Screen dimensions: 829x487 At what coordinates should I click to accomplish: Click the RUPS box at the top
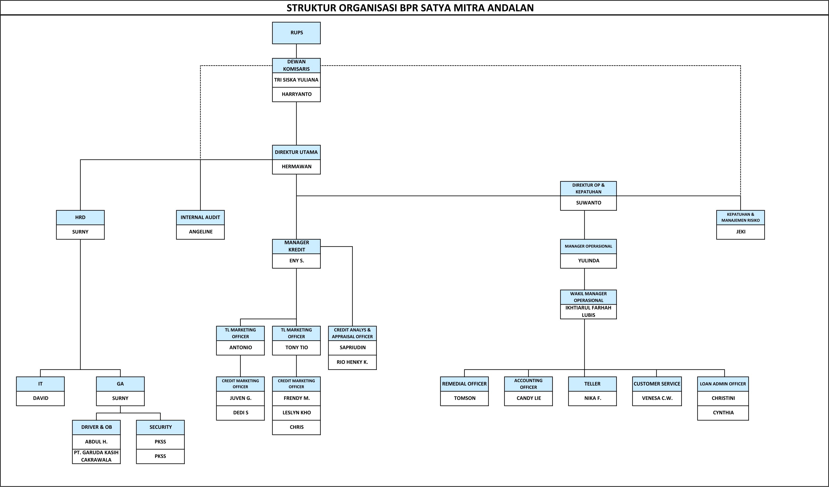point(296,33)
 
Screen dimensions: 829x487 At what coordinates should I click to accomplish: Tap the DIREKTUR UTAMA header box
point(296,153)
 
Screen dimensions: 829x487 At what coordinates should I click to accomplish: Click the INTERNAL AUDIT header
point(200,218)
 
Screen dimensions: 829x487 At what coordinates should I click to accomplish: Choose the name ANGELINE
point(201,232)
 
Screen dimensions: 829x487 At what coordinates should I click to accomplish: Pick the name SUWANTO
point(588,203)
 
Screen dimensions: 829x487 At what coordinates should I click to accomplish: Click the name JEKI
point(741,232)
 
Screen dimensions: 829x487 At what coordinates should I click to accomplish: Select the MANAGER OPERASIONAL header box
point(588,247)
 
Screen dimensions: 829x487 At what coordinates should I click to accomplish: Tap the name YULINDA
point(588,261)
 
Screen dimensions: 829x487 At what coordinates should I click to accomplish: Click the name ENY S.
point(296,261)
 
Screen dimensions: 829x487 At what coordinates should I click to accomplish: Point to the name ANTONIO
point(241,348)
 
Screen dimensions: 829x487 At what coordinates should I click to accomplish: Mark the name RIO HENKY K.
point(352,362)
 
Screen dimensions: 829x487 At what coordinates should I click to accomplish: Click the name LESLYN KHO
point(296,413)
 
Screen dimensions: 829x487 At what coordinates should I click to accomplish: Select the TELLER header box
point(593,384)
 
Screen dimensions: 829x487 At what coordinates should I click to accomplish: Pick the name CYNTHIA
point(723,413)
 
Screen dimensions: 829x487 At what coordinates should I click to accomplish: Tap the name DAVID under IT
point(40,398)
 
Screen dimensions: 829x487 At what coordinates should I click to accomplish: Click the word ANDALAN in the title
point(510,8)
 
